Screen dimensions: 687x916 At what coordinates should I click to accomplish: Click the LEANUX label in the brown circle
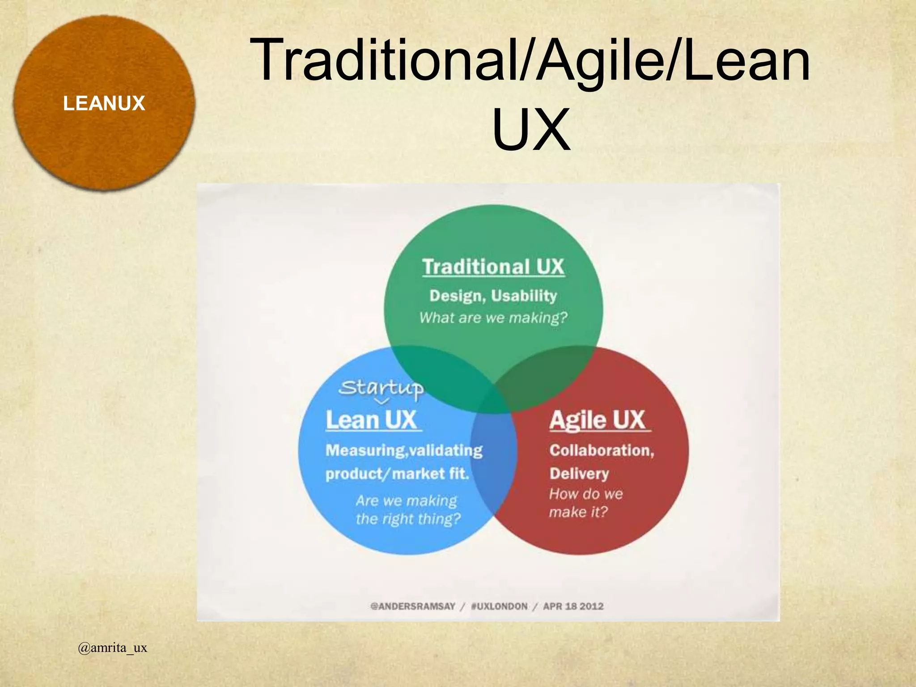coord(104,104)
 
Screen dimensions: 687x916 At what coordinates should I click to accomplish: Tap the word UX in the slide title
coord(531,129)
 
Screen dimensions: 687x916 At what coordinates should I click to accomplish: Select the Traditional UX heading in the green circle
coord(493,267)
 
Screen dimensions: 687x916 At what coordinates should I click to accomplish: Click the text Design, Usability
coord(493,296)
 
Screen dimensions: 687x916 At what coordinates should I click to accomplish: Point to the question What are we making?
coord(493,318)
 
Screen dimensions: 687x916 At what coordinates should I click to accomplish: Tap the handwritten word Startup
coord(381,388)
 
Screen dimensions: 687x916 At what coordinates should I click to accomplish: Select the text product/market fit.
coord(397,474)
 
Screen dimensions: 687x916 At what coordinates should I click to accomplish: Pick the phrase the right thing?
coord(408,519)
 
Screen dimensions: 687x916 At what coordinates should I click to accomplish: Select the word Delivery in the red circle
coord(579,473)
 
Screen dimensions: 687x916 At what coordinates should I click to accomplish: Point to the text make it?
coord(578,512)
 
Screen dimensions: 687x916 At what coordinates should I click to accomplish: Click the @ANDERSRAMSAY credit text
coord(412,606)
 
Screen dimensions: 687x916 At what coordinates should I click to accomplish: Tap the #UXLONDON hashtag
coord(499,606)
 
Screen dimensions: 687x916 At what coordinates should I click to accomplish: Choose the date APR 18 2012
coord(573,606)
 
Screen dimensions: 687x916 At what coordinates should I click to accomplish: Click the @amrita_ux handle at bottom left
coord(112,648)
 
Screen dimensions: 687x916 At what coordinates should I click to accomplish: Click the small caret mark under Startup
coord(382,401)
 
